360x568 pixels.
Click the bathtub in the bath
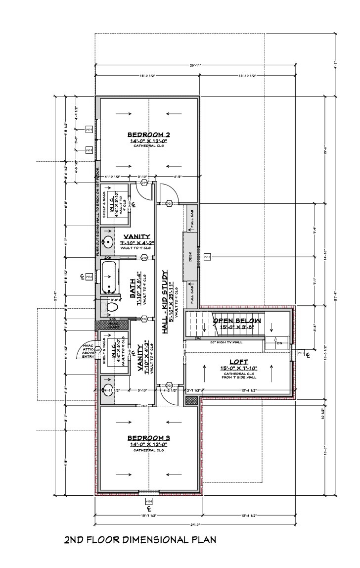tap(109, 278)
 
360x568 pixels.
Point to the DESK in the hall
tap(190, 257)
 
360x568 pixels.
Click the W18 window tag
tap(208, 257)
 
